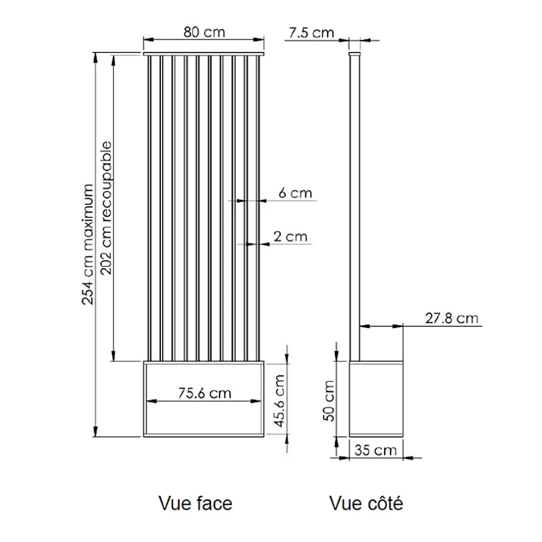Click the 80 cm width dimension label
pyautogui.click(x=204, y=32)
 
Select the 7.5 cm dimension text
pyautogui.click(x=311, y=33)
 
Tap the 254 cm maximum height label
pyautogui.click(x=88, y=244)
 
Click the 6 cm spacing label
pyautogui.click(x=295, y=193)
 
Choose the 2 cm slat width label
pyautogui.click(x=291, y=237)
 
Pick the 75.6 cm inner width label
pyautogui.click(x=205, y=393)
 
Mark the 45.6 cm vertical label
pyautogui.click(x=279, y=401)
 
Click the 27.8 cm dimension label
pyautogui.click(x=452, y=318)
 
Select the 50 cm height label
pyautogui.click(x=329, y=401)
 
